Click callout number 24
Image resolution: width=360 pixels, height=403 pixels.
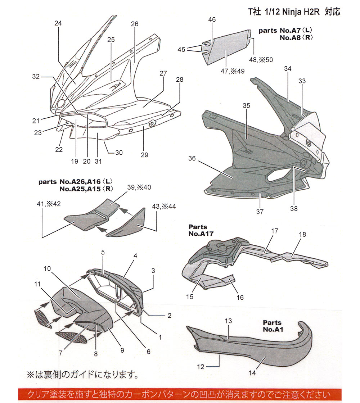tap(58, 23)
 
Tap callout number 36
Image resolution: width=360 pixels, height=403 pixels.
tap(192, 158)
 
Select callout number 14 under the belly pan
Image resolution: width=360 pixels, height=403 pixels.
tap(252, 373)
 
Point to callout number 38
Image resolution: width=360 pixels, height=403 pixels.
tap(294, 208)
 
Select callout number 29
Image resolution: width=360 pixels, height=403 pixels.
tap(144, 155)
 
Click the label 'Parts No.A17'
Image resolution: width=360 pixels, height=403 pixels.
tap(198, 230)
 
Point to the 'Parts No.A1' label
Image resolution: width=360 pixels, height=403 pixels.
tap(272, 326)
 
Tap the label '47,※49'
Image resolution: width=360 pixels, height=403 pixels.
tap(233, 71)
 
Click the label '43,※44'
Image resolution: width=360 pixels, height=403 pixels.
tap(164, 206)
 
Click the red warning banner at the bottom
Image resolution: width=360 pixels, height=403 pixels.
tap(180, 395)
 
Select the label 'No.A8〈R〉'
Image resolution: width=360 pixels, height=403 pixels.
tap(295, 37)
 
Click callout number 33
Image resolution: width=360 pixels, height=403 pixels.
tap(302, 81)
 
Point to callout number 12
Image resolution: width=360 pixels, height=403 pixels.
tap(201, 367)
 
